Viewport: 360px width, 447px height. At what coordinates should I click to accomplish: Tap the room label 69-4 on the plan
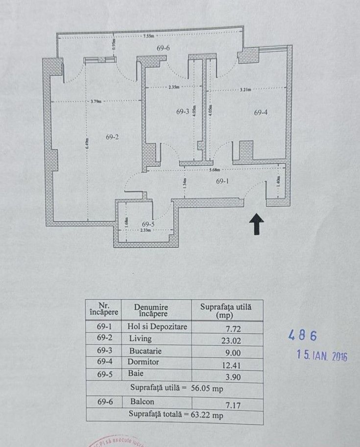point(261,113)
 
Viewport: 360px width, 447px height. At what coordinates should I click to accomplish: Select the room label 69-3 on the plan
point(182,112)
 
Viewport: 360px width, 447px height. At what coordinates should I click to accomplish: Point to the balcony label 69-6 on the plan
point(163,48)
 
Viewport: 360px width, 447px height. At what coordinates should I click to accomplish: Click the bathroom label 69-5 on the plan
point(148,224)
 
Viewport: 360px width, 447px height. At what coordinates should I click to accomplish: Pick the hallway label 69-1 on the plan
point(223,181)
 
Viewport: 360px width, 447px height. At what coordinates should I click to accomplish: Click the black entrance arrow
point(256,225)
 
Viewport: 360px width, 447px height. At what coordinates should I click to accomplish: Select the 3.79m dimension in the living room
point(96,101)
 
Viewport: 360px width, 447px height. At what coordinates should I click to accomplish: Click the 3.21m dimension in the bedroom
point(246,90)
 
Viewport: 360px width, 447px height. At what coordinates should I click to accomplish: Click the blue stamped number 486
point(302,335)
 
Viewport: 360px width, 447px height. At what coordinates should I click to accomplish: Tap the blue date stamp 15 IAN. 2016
point(322,355)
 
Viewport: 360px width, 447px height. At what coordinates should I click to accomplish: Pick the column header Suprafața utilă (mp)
point(226,311)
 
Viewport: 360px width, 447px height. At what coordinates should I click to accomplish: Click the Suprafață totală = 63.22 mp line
point(175,414)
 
